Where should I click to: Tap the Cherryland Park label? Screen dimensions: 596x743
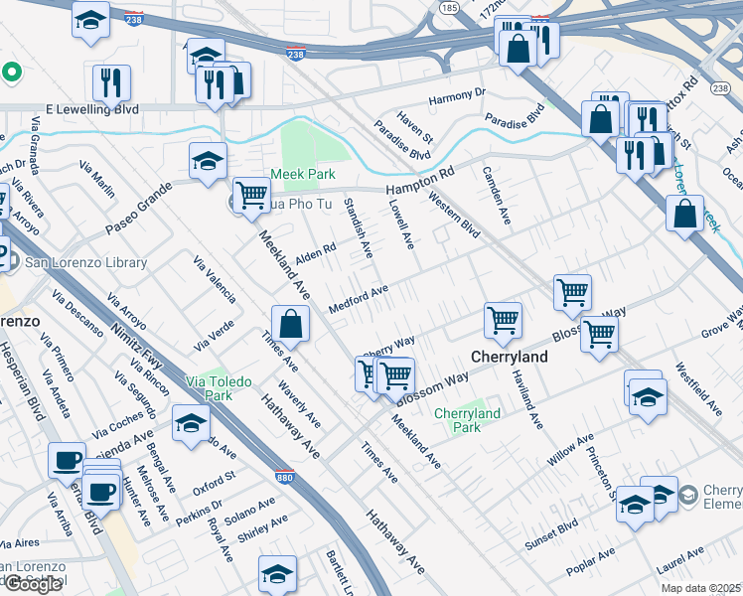pos(467,420)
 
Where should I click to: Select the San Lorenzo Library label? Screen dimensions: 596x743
pos(85,263)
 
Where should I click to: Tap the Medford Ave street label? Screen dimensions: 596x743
pos(358,299)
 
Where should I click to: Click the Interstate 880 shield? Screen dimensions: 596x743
pos(284,477)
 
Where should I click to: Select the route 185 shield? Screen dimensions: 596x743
pos(449,8)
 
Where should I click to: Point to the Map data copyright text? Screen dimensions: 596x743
pos(700,587)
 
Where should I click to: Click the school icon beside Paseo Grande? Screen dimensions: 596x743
pos(209,161)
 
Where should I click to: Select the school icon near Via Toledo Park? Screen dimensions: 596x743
pos(191,424)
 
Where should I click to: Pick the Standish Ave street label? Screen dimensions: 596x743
pos(358,228)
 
